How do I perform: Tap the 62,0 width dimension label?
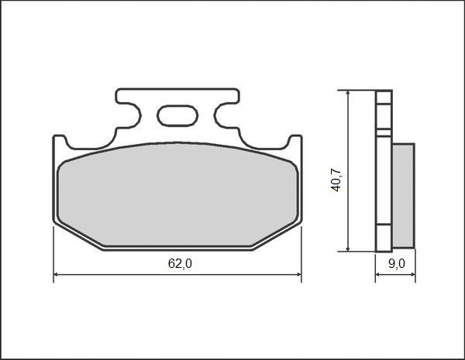[x=180, y=263]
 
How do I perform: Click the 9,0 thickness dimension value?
[x=396, y=263]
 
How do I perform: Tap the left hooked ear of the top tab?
[x=122, y=98]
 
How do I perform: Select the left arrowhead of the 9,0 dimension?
[x=379, y=276]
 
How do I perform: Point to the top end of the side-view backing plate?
[x=382, y=94]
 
